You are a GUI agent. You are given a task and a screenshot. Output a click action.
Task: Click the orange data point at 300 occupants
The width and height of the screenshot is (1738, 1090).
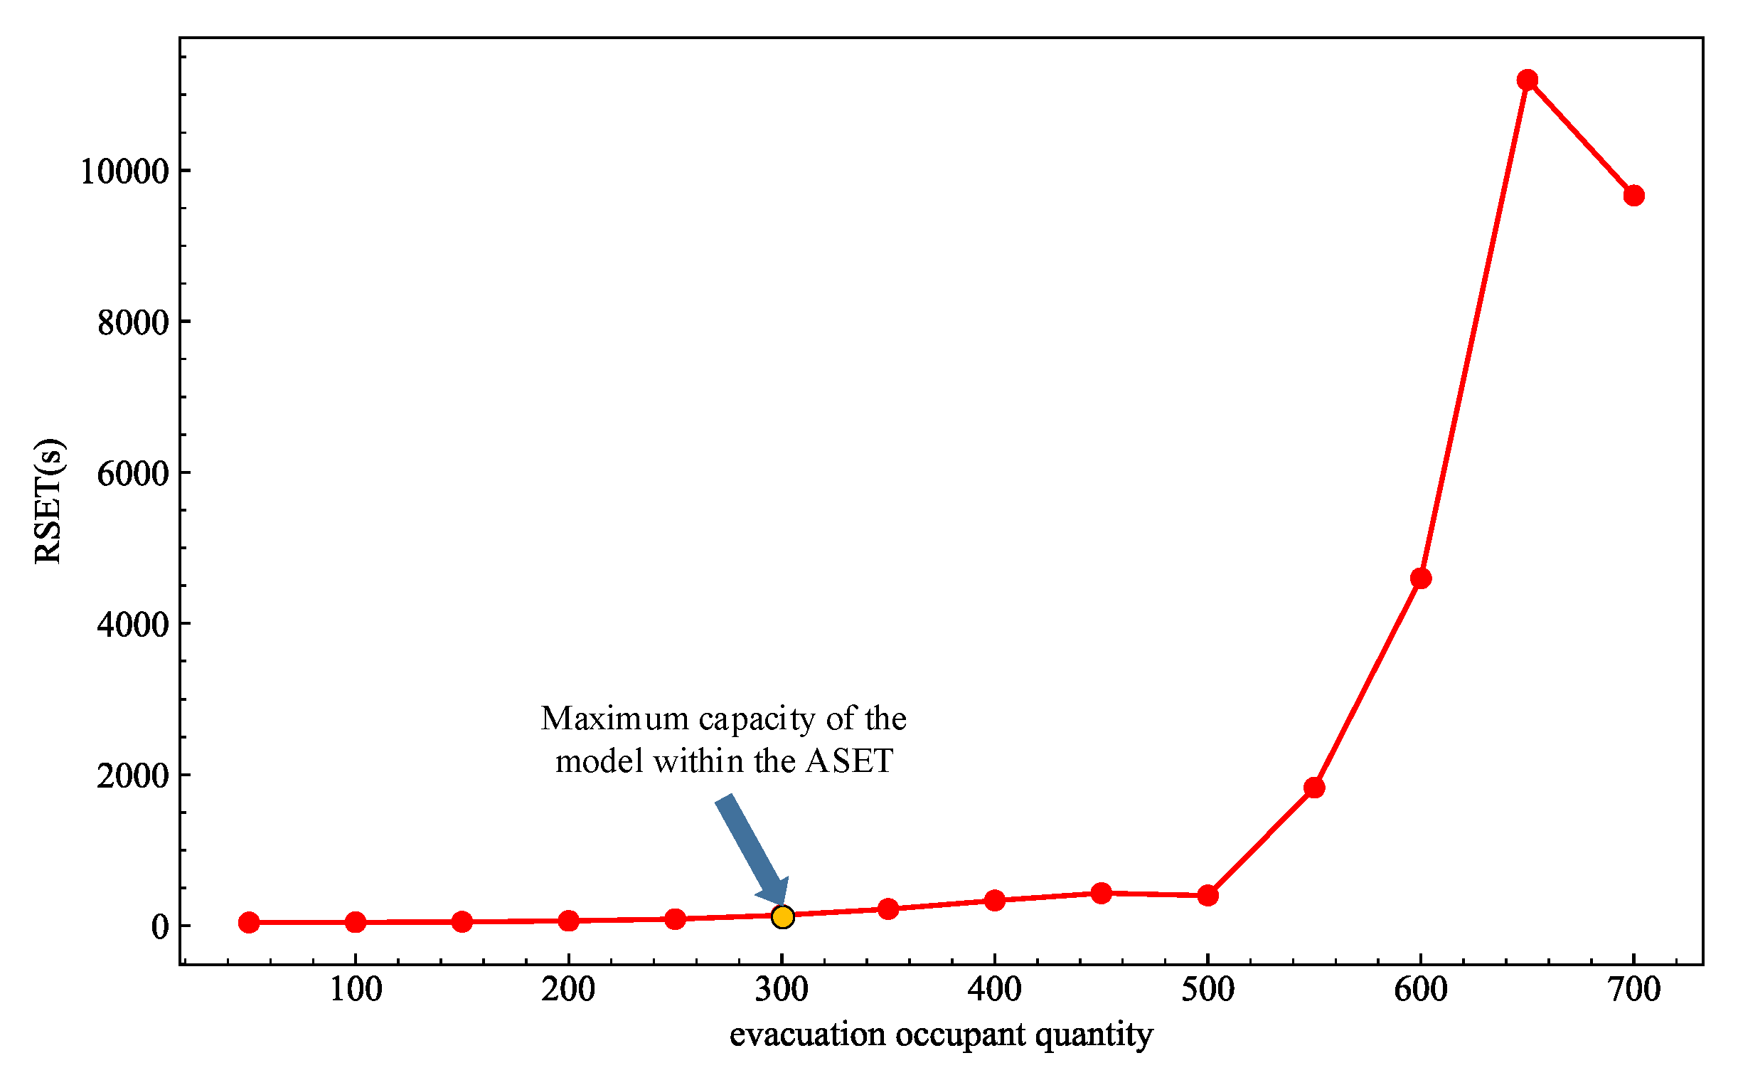tap(782, 917)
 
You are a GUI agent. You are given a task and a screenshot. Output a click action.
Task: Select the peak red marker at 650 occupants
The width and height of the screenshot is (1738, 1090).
tap(1527, 80)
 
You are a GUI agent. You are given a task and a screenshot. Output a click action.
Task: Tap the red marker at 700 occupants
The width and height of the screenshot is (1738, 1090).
tap(1633, 196)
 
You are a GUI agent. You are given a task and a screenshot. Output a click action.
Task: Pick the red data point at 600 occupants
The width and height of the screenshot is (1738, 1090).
tap(1420, 578)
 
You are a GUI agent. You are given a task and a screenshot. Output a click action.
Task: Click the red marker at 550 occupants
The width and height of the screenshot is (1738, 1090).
tap(1313, 787)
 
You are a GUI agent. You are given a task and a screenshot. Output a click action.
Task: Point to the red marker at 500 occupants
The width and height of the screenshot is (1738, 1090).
tap(1207, 896)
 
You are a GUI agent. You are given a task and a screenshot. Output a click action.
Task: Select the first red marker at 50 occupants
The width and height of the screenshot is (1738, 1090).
tap(249, 922)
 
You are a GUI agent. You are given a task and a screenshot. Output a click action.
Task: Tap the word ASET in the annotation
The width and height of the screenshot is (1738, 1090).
tap(849, 761)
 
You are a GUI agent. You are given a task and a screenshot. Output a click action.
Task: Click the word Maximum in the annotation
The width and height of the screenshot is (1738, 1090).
tap(614, 719)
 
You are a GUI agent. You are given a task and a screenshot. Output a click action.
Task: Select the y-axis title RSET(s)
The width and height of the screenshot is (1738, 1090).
tap(49, 500)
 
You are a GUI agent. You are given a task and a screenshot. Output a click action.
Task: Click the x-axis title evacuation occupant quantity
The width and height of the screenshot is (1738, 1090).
tap(941, 1035)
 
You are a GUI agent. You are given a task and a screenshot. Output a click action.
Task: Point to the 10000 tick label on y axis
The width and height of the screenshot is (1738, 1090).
tap(124, 171)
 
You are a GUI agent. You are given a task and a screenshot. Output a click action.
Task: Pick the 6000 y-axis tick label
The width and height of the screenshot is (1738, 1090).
tap(132, 474)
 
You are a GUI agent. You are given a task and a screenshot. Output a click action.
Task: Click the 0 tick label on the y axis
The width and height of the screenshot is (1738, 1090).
tap(159, 927)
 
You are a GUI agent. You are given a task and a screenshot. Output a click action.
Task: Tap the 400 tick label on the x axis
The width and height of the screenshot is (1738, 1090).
tap(994, 990)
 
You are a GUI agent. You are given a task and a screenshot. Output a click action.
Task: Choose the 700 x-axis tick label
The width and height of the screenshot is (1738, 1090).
tap(1633, 990)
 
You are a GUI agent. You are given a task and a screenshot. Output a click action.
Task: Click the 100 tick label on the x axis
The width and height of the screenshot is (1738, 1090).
tap(356, 990)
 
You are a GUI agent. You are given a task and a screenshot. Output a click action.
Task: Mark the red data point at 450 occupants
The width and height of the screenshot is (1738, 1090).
tap(1101, 893)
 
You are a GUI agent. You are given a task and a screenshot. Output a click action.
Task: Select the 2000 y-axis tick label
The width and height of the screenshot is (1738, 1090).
tap(132, 776)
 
